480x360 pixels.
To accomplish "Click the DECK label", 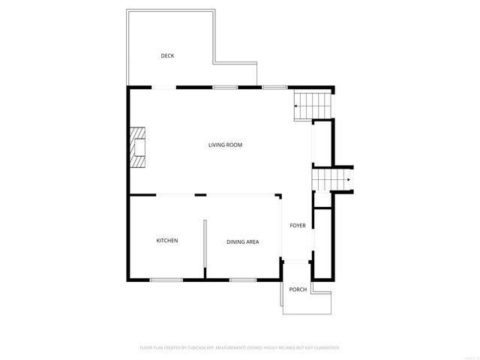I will (167, 55).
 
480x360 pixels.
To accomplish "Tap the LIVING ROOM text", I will (225, 145).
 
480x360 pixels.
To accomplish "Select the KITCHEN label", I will (166, 241).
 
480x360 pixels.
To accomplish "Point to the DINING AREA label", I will (243, 241).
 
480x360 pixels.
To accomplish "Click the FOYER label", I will (298, 225).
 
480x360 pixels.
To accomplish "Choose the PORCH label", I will (298, 289).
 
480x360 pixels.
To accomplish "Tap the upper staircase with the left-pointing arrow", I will (310, 105).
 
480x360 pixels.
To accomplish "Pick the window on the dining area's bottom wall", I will (243, 280).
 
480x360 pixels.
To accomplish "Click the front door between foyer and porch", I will (298, 262).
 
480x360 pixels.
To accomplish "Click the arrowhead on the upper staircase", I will (295, 106).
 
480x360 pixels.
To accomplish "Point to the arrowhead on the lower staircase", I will (350, 180).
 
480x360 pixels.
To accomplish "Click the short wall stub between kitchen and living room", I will (200, 195).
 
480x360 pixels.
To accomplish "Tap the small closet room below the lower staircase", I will (322, 200).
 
